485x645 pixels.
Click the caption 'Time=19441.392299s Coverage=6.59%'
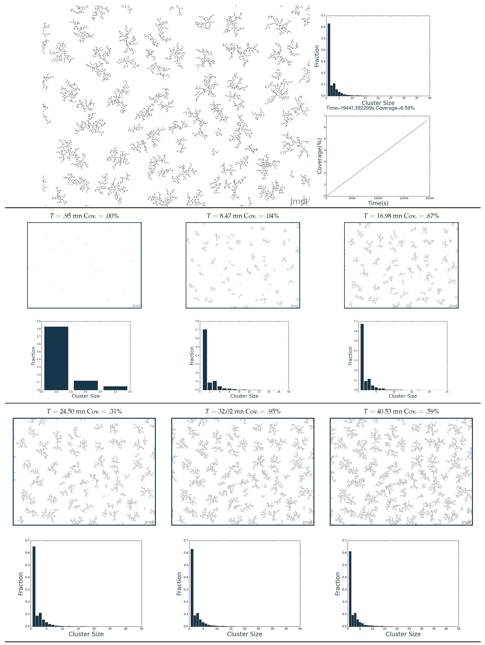370,108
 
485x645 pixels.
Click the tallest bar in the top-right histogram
329,60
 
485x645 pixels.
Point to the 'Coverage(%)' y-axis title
320,156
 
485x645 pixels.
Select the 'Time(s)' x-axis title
378,203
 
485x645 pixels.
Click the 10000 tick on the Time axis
378,198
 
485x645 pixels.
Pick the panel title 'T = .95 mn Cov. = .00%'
84,216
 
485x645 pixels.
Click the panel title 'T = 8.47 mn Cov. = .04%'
243,216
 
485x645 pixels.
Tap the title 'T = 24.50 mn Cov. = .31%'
84,411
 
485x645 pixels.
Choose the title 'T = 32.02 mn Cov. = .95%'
243,411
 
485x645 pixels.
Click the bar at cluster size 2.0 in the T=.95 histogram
86,385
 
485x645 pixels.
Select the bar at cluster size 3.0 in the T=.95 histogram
115,388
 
